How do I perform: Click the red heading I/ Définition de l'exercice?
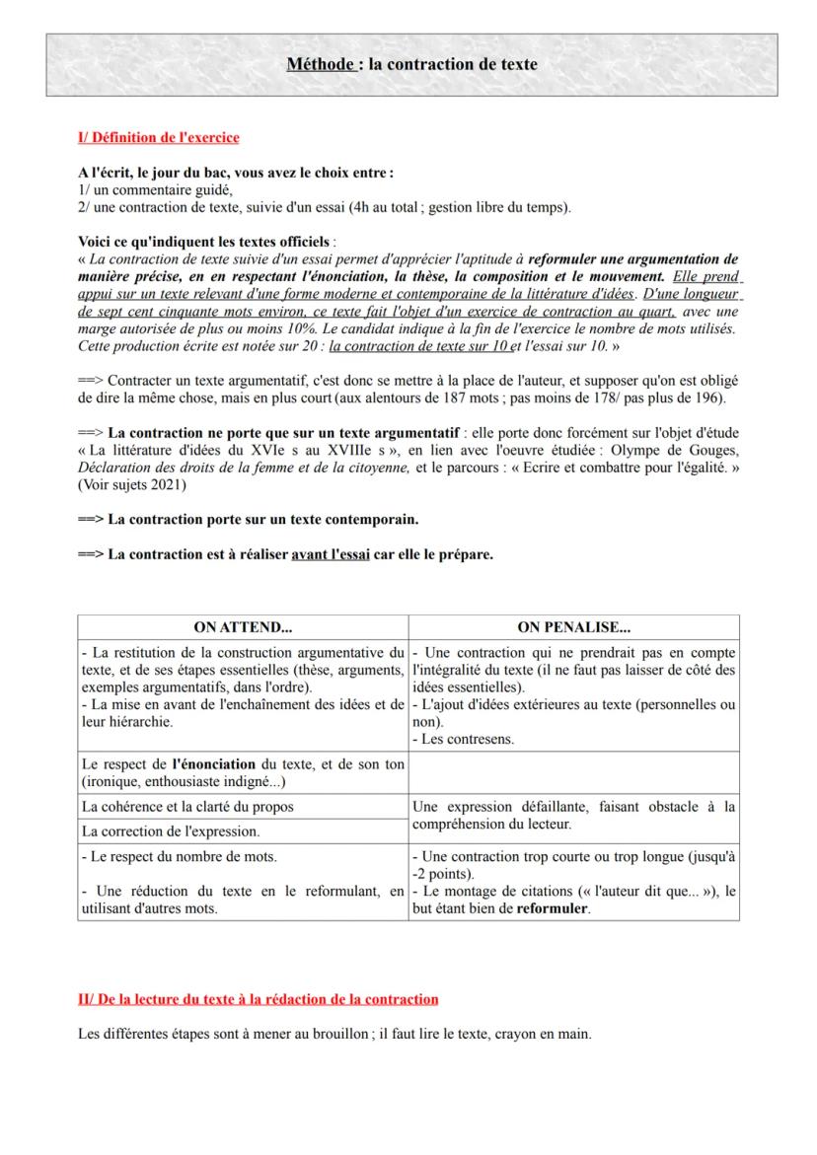[158, 138]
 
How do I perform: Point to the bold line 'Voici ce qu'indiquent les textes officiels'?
[205, 241]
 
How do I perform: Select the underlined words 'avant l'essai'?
[331, 554]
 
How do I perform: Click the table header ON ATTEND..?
[242, 626]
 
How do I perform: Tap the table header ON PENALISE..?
[573, 626]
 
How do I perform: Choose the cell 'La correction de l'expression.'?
[165, 831]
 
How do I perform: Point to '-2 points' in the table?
[441, 873]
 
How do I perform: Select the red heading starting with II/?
[258, 999]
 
